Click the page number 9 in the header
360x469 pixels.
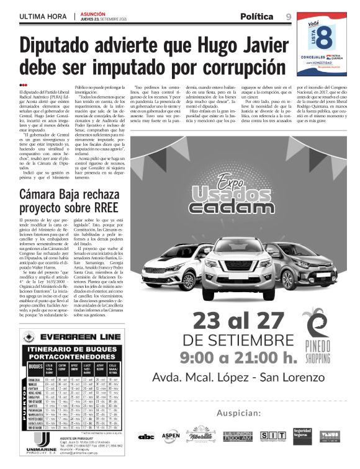pos(289,16)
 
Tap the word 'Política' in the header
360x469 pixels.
pos(256,16)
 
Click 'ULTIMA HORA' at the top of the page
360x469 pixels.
pos(43,16)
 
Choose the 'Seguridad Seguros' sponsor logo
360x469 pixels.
pos(302,435)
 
